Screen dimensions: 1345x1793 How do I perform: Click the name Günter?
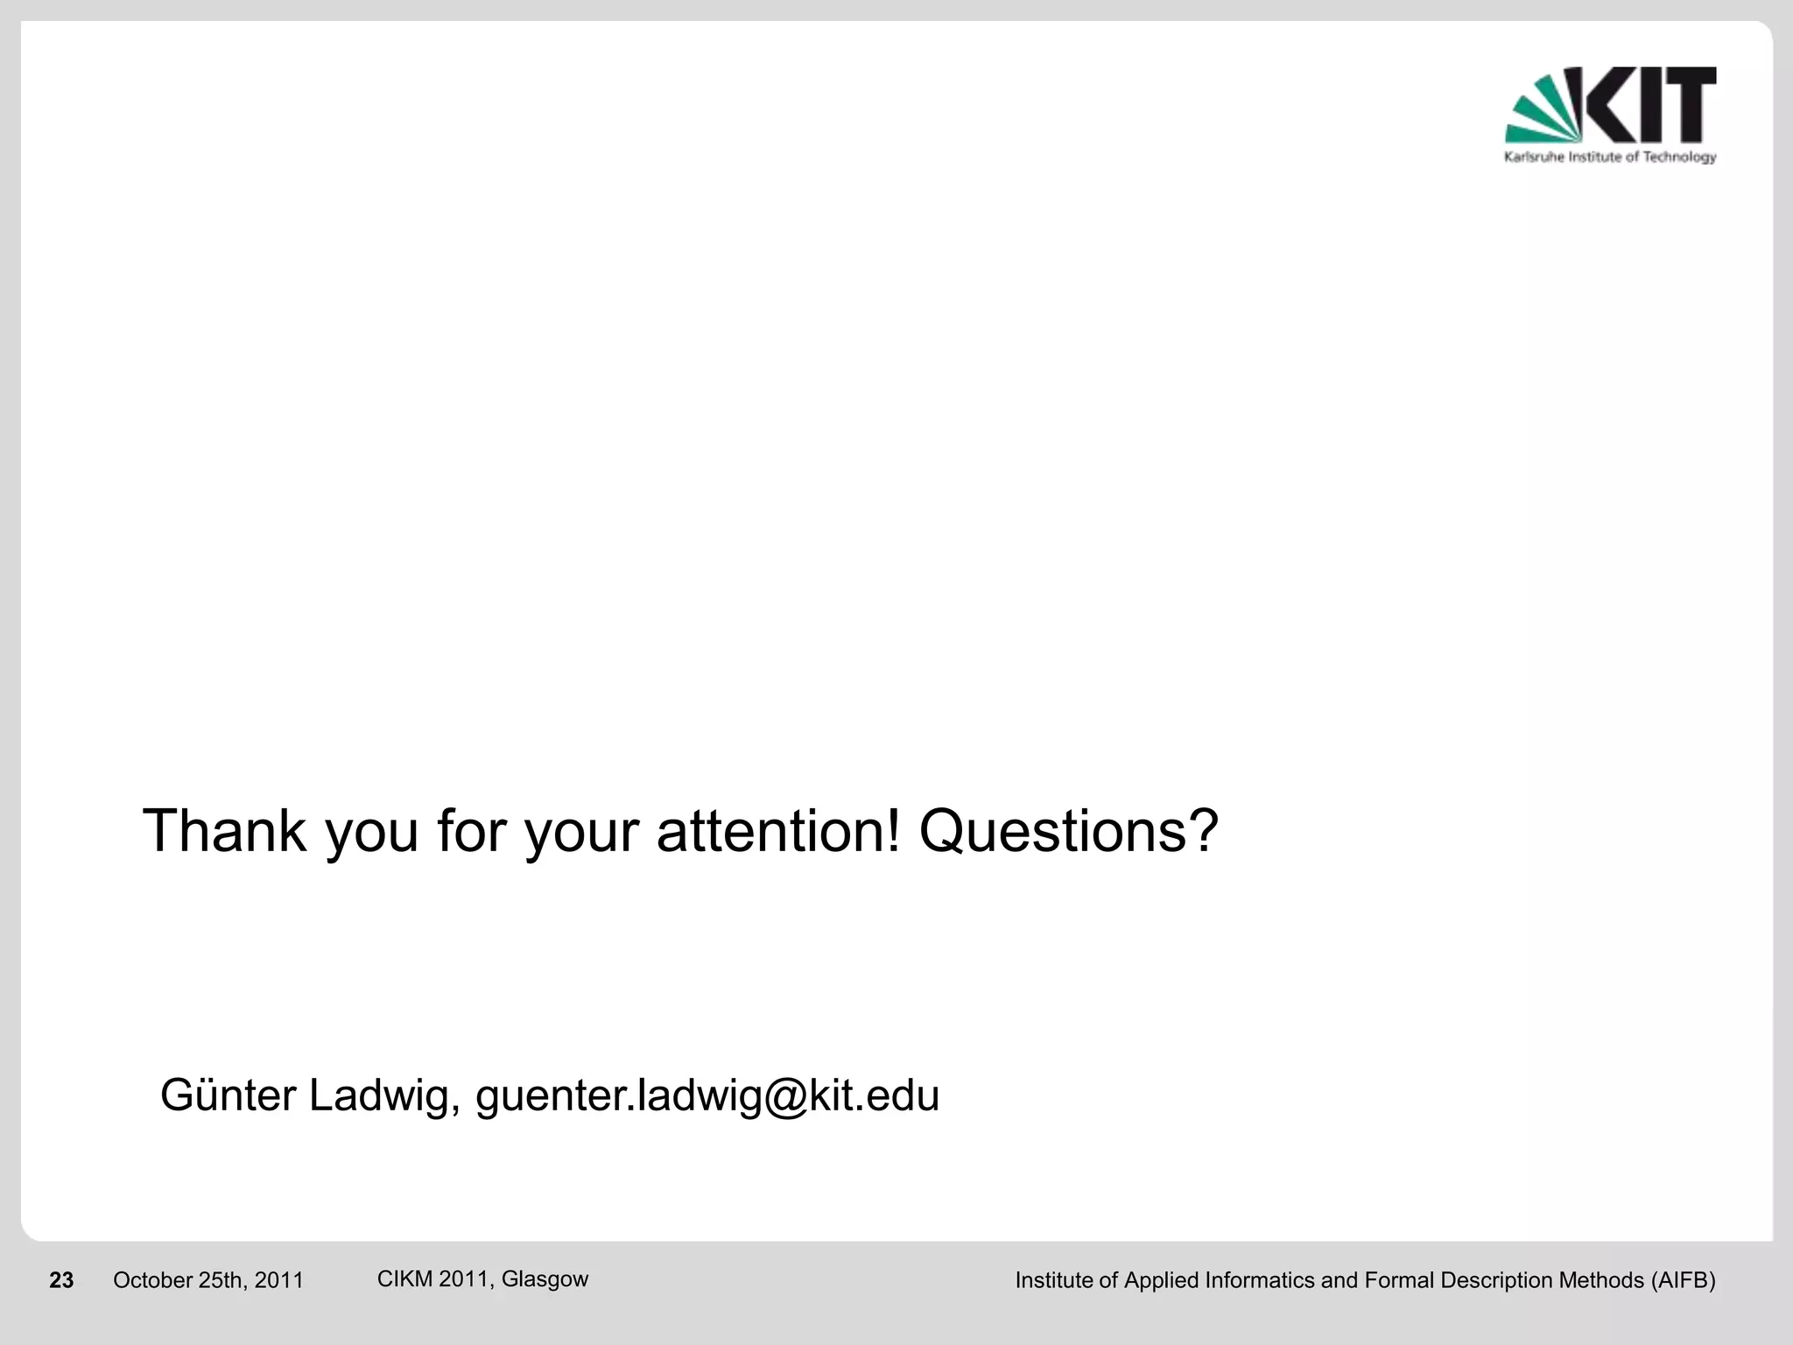[x=229, y=1095]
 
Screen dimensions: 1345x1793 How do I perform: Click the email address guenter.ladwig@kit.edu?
[x=707, y=1095]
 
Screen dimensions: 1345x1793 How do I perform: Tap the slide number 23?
[x=61, y=1281]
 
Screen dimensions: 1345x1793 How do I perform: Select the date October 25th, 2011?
[x=208, y=1281]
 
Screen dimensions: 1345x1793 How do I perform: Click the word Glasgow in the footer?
[x=545, y=1279]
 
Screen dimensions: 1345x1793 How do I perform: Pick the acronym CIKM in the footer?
[x=404, y=1279]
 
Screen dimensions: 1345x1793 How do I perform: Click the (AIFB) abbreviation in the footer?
[x=1683, y=1281]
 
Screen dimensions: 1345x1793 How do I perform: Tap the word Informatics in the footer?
[x=1260, y=1281]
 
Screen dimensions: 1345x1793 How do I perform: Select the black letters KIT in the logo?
[x=1649, y=105]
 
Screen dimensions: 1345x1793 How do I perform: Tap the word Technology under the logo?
[x=1680, y=158]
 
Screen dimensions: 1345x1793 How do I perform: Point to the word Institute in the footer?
[x=1054, y=1281]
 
